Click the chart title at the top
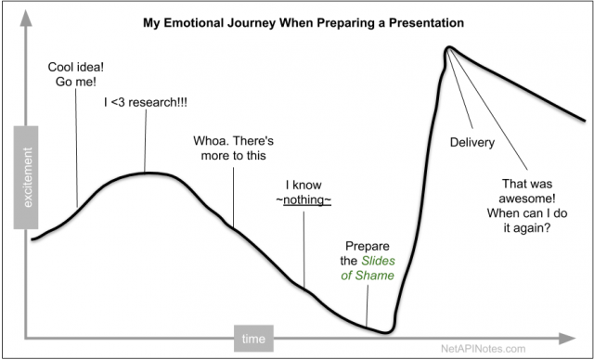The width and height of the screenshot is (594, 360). pyautogui.click(x=297, y=19)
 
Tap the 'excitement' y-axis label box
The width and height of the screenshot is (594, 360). pyautogui.click(x=25, y=184)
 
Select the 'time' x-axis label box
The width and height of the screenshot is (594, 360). pyautogui.click(x=253, y=338)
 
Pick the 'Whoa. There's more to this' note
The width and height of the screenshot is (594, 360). pyautogui.click(x=229, y=148)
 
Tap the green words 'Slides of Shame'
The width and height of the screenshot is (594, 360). pyautogui.click(x=368, y=268)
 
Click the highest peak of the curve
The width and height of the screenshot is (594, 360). pyautogui.click(x=448, y=48)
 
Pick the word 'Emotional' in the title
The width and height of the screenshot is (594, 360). pyautogui.click(x=213, y=19)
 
